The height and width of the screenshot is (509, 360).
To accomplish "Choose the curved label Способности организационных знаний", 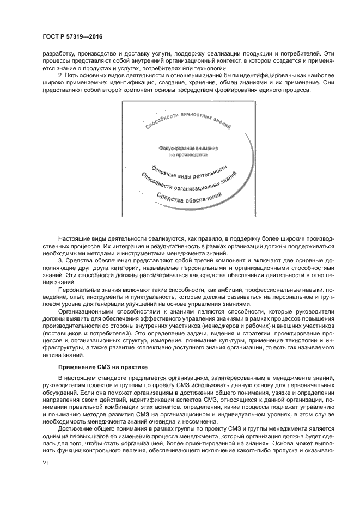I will click(x=188, y=182).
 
